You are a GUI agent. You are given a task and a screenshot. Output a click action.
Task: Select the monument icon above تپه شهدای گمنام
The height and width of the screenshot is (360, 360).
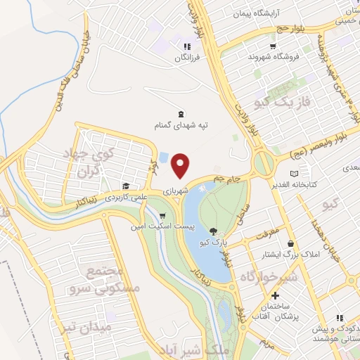(x=181, y=114)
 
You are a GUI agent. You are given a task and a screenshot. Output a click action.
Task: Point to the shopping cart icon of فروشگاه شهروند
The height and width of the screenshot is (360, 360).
(x=252, y=45)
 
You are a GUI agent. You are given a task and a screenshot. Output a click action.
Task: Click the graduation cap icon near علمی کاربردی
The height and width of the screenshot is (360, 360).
(x=125, y=186)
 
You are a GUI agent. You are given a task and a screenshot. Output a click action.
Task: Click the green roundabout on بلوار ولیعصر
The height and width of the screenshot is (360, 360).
(x=264, y=164)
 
